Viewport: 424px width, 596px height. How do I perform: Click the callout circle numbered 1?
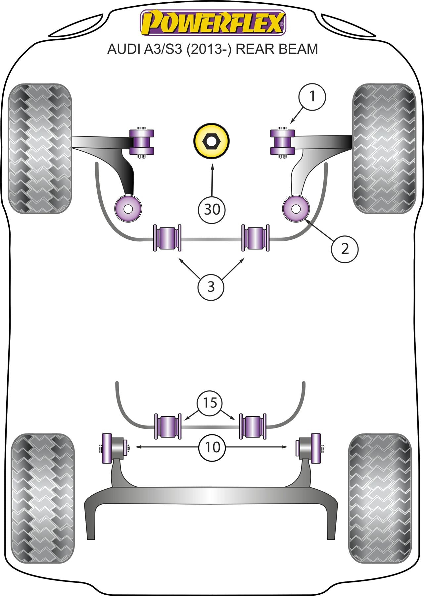[x=312, y=97]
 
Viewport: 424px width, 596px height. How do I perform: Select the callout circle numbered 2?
[x=345, y=248]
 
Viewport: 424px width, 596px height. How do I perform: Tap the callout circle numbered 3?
[x=211, y=286]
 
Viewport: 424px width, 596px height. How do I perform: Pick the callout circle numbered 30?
[x=212, y=209]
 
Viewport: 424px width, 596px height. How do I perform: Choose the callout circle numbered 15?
[x=210, y=403]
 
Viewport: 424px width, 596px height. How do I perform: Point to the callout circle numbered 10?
[x=212, y=447]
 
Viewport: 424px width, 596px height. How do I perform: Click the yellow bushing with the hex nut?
[x=211, y=141]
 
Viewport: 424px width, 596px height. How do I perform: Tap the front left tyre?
[x=40, y=148]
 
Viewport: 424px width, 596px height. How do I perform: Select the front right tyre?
[x=384, y=148]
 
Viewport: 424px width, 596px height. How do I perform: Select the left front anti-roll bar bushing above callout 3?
[x=167, y=237]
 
